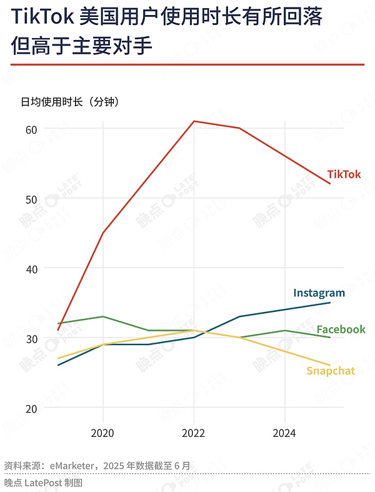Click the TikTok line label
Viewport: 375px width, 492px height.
[344, 174]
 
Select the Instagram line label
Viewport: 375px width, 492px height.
[319, 293]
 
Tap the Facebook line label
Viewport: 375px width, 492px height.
[341, 329]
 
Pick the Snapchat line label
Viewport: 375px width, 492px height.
[330, 371]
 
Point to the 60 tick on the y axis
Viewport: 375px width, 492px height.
[31, 129]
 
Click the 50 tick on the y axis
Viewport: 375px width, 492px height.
[31, 199]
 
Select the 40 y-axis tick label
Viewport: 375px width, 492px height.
[31, 269]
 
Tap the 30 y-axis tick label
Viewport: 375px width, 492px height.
[31, 338]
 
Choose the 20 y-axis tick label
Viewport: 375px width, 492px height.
[31, 408]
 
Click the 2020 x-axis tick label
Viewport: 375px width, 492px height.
[102, 433]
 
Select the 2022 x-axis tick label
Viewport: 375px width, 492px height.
[194, 433]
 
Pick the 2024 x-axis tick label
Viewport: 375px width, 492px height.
[285, 433]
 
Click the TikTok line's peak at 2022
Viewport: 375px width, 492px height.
[194, 121]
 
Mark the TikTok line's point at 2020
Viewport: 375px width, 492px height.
[102, 233]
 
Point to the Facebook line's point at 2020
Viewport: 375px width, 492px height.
[102, 316]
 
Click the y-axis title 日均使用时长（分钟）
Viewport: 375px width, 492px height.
[69, 101]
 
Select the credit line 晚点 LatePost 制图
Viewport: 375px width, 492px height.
[43, 483]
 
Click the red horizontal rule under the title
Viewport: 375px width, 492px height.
[187, 64]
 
